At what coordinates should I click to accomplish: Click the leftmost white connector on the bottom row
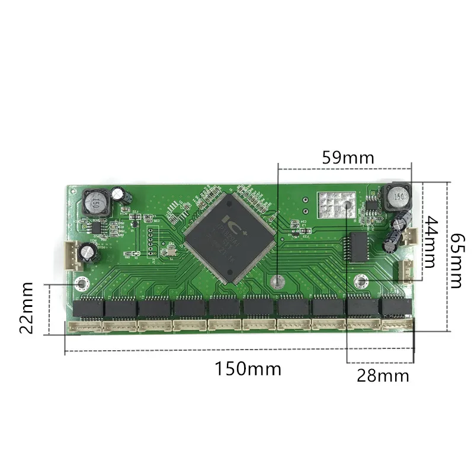click(x=83, y=326)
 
